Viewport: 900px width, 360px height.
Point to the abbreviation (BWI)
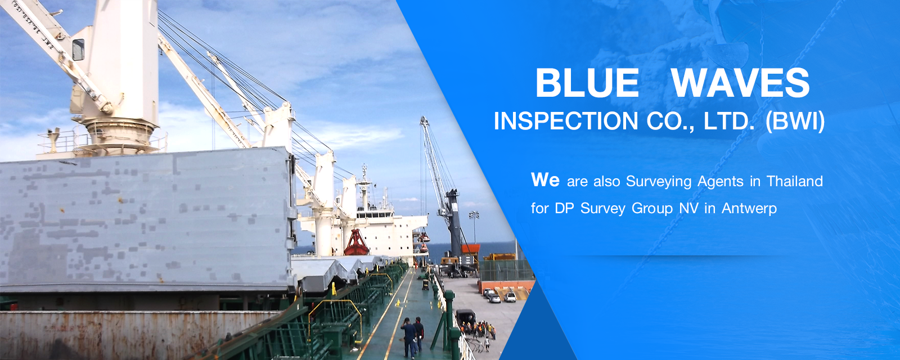(x=795, y=121)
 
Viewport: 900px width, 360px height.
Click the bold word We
(x=545, y=180)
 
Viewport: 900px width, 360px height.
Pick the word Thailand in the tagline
(x=795, y=181)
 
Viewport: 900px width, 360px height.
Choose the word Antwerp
(x=749, y=209)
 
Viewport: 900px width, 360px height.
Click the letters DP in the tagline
(x=565, y=209)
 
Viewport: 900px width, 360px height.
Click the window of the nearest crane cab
(x=78, y=49)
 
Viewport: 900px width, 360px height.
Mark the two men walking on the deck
(x=413, y=336)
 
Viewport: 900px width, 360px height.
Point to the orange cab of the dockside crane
(x=470, y=248)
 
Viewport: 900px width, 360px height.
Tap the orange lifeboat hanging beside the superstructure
(x=424, y=238)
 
